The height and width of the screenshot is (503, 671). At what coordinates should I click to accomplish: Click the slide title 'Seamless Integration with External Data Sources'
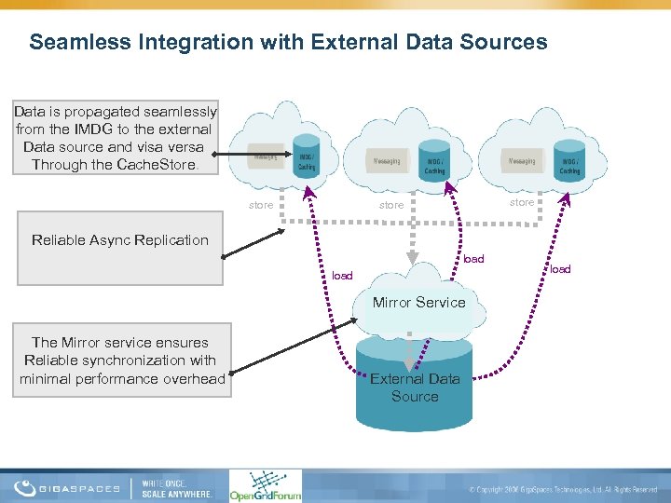[288, 42]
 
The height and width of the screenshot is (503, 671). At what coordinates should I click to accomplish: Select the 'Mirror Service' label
[418, 302]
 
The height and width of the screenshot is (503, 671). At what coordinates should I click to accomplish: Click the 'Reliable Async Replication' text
[120, 240]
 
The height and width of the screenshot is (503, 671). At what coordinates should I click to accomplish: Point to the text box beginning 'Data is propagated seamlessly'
[116, 138]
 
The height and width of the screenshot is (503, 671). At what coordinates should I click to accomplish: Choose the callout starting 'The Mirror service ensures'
[122, 360]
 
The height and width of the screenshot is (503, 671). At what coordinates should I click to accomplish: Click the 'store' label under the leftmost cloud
[261, 205]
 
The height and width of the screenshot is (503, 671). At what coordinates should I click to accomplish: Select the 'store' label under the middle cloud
[391, 205]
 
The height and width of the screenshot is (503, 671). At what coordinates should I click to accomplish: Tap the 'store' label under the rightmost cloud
[522, 202]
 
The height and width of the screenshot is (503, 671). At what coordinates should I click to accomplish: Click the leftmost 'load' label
[342, 276]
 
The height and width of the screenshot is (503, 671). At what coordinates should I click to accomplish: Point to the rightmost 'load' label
[560, 269]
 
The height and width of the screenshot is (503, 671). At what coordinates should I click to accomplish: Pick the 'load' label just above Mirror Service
[473, 259]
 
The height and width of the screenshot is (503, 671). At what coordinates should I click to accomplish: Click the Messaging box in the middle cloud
[387, 161]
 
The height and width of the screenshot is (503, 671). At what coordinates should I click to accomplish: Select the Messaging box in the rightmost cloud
[522, 161]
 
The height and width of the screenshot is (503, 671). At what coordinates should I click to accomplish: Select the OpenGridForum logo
[266, 485]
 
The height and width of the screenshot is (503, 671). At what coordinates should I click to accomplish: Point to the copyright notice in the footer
[563, 489]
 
